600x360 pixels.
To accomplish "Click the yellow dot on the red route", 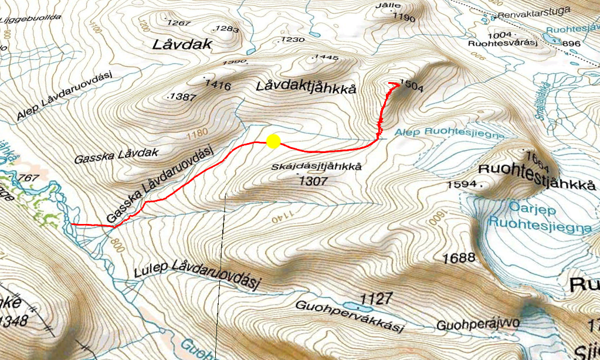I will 273,141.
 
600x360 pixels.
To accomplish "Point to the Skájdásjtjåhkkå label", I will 317,167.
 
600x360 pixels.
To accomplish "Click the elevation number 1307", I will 313,181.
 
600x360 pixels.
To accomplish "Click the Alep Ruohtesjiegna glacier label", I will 449,134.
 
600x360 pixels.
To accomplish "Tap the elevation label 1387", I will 183,97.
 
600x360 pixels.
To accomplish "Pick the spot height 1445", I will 327,57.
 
